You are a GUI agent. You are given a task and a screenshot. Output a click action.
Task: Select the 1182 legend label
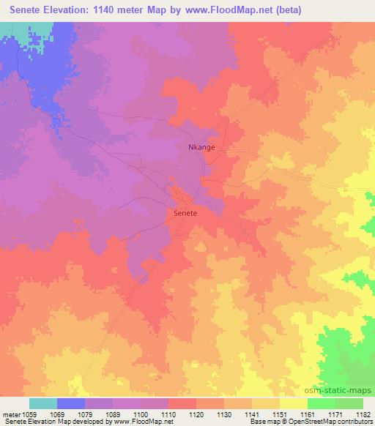pyautogui.click(x=363, y=414)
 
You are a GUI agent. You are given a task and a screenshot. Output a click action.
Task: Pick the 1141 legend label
pyautogui.click(x=252, y=414)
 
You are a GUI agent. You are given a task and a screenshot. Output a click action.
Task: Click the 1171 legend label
pyautogui.click(x=335, y=414)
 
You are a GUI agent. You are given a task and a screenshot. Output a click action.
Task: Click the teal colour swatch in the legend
pyautogui.click(x=43, y=403)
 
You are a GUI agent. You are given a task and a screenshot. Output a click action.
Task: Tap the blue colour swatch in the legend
pyautogui.click(x=71, y=403)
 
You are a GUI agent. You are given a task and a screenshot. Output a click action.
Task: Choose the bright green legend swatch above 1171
pyautogui.click(x=322, y=403)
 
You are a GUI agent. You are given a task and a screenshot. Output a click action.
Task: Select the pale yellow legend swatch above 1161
pyautogui.click(x=294, y=403)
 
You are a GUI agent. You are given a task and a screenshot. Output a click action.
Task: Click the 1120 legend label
pyautogui.click(x=196, y=414)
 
